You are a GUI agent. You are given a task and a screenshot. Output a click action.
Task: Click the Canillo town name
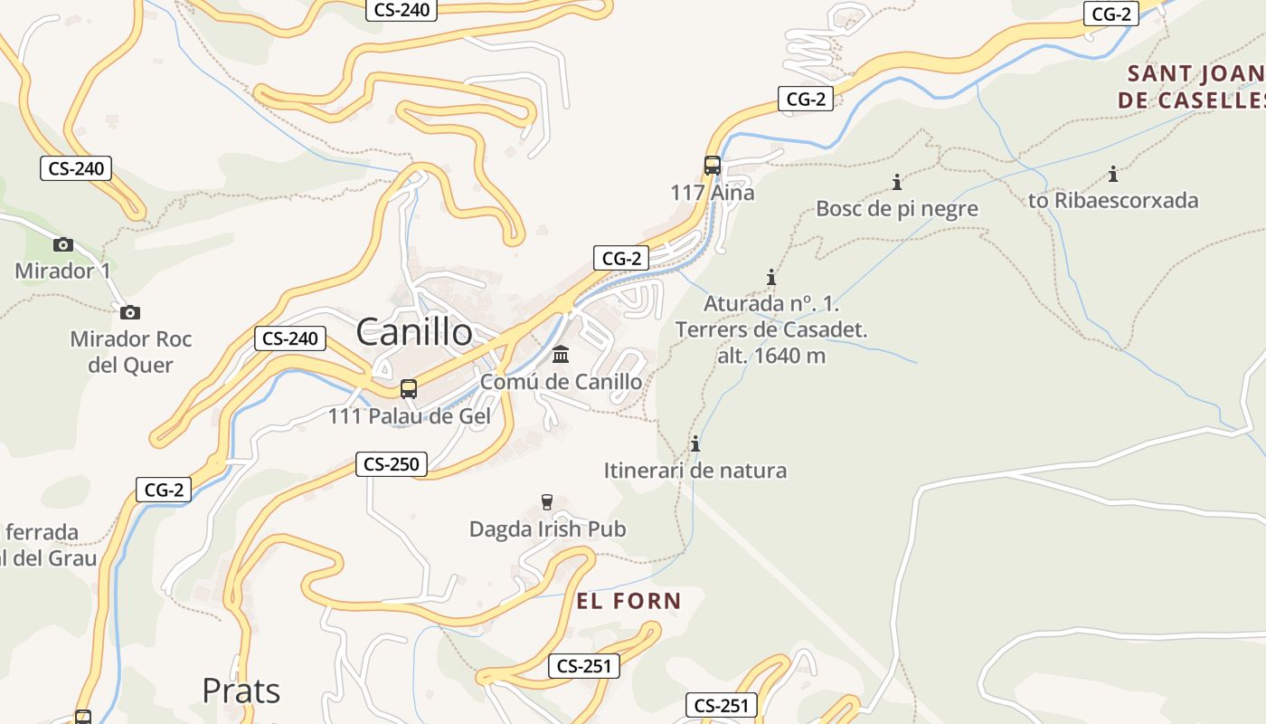(413, 332)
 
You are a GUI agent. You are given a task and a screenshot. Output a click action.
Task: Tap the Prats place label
(241, 691)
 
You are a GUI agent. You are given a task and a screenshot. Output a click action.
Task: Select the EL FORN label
(628, 601)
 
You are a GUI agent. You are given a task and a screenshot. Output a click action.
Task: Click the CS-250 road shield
(391, 464)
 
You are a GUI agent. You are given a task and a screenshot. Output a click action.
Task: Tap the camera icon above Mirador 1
(62, 244)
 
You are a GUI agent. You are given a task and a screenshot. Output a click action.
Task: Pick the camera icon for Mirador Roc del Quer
(130, 312)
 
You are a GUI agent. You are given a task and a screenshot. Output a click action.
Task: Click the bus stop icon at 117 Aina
(713, 166)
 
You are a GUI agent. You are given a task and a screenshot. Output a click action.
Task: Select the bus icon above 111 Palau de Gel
(409, 389)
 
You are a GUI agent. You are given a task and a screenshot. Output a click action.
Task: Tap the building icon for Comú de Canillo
(561, 354)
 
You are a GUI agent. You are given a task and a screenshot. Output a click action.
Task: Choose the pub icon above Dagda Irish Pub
(546, 502)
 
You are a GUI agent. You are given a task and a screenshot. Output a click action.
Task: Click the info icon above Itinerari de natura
(695, 443)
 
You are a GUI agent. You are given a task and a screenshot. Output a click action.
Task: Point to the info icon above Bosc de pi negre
(897, 182)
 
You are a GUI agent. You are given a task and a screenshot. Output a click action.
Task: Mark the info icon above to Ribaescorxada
(1113, 174)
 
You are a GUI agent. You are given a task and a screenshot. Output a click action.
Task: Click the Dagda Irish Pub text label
(547, 529)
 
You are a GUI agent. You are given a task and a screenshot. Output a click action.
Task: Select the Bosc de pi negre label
(897, 209)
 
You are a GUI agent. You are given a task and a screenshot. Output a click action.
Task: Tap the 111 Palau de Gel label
(409, 416)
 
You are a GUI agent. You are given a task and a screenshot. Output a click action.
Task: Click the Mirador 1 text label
(62, 271)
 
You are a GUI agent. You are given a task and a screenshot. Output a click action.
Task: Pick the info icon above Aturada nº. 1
(771, 276)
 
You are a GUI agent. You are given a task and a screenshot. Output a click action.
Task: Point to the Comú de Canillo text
(561, 382)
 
